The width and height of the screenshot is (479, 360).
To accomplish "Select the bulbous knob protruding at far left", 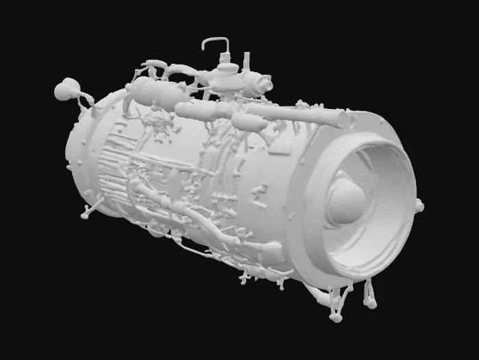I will (67, 88).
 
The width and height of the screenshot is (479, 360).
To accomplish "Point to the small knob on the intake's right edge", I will (419, 205).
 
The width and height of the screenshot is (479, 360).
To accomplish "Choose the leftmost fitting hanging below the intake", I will (335, 312).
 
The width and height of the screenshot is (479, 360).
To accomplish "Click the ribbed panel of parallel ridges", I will (113, 165).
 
